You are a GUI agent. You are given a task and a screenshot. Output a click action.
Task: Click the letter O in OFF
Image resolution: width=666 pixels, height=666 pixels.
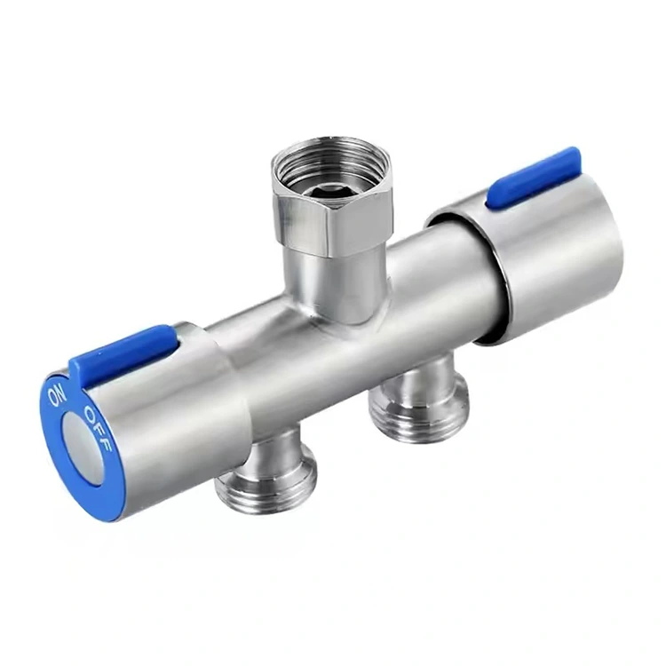click(x=88, y=414)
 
